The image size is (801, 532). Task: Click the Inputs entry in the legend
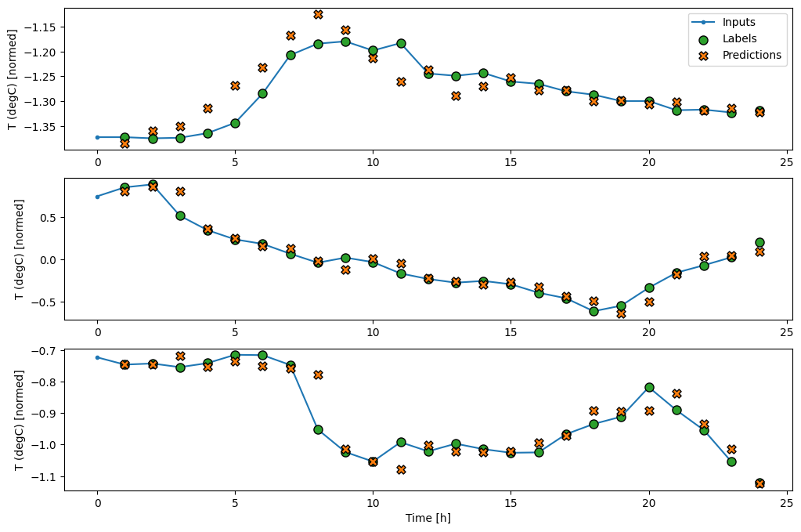tap(739, 22)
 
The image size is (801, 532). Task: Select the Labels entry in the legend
tap(739, 38)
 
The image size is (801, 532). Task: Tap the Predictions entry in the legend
tap(751, 55)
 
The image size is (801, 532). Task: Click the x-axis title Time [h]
tap(428, 518)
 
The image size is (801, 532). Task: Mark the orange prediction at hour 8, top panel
tap(318, 14)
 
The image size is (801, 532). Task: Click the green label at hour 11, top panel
tap(401, 43)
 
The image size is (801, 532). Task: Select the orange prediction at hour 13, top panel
tap(456, 96)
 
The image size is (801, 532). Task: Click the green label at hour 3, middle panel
tap(180, 215)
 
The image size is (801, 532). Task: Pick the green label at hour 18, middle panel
tap(594, 311)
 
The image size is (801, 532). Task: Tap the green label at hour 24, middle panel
tap(759, 242)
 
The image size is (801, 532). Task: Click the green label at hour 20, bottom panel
tap(649, 387)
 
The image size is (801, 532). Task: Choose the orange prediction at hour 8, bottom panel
tap(318, 375)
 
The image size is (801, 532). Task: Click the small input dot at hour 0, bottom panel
tap(97, 357)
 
